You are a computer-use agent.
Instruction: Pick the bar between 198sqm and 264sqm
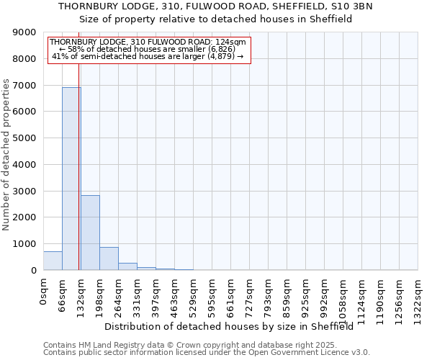point(109,258)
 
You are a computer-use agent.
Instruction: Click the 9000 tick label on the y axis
point(25,32)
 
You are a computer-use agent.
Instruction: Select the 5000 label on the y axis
point(25,138)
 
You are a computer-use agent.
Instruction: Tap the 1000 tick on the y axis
point(25,244)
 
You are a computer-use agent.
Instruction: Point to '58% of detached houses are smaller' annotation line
point(148,49)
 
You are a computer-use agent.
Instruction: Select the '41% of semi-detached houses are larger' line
point(148,56)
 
